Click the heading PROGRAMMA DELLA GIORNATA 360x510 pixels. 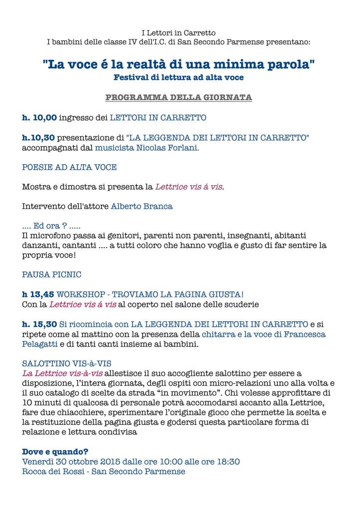[179, 97]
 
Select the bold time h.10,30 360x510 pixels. [39, 137]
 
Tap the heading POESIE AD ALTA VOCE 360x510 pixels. [69, 167]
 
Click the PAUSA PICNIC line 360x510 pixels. [52, 274]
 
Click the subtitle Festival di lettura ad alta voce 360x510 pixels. [179, 78]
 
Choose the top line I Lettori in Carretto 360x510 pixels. [179, 33]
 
